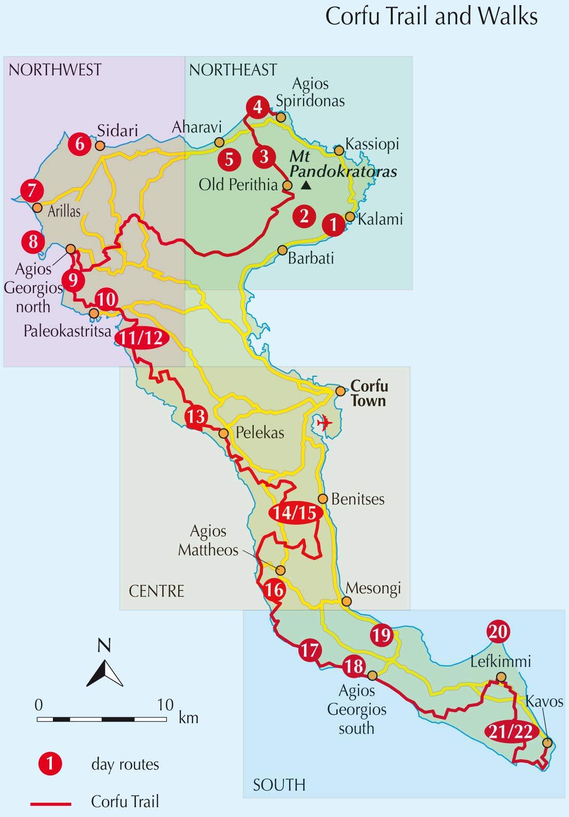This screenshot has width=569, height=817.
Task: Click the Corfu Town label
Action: (369, 394)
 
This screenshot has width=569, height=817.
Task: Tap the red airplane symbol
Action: (325, 423)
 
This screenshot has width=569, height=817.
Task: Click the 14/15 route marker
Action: (296, 513)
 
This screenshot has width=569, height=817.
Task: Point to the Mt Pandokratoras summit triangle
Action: (307, 185)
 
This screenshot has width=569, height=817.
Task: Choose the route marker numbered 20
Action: (498, 632)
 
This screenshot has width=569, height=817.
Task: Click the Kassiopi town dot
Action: (339, 151)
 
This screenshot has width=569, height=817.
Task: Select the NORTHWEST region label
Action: (55, 70)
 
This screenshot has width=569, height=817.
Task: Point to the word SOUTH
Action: (279, 785)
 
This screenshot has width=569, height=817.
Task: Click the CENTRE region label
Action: (156, 591)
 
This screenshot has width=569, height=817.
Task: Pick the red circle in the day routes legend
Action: (50, 764)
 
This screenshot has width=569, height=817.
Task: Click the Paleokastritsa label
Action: (67, 331)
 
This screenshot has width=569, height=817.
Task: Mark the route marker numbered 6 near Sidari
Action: (80, 143)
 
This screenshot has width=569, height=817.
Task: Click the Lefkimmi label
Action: (501, 661)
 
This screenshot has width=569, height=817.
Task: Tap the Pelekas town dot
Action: (223, 434)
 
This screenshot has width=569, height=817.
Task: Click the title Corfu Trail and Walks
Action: (431, 17)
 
